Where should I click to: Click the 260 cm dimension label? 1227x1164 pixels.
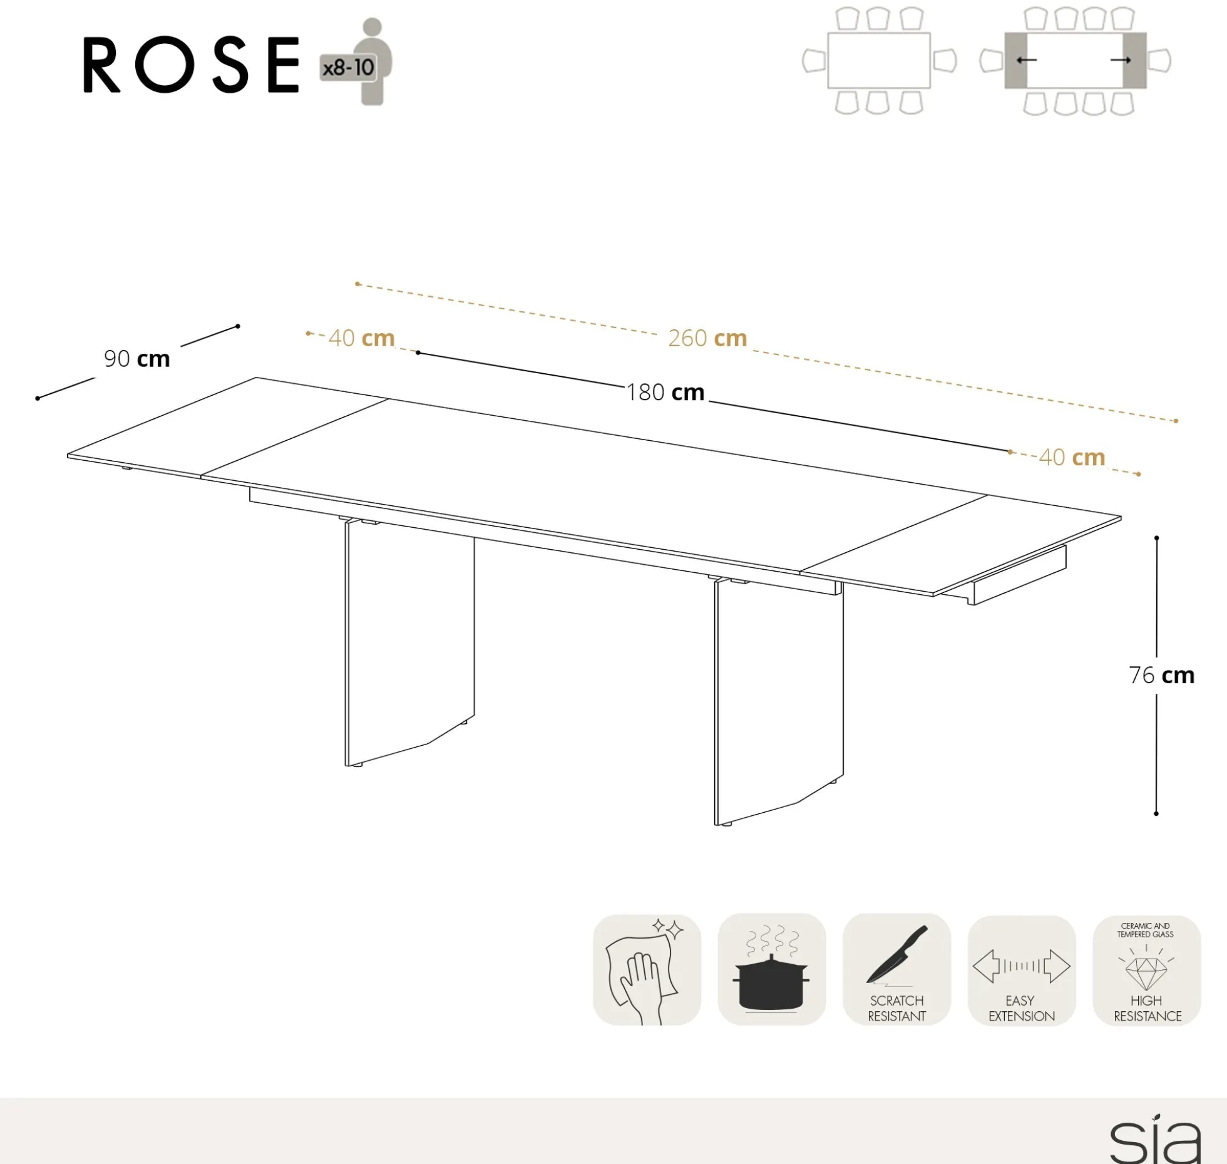coord(707,338)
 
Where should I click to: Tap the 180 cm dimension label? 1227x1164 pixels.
coord(665,393)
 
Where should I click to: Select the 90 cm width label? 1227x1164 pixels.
coord(137,359)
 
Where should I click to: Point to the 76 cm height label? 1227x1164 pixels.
coord(1161,675)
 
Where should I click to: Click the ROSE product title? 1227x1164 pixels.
coord(192,64)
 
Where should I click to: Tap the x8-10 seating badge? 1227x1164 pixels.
coord(348,67)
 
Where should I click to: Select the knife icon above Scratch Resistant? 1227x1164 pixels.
coord(896,954)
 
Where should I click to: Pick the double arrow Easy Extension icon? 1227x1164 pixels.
coord(1021,966)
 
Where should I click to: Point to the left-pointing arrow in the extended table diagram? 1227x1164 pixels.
coord(1026,60)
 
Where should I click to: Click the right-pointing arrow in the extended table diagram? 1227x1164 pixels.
coord(1121,60)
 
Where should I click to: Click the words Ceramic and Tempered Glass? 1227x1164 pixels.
coord(1146,930)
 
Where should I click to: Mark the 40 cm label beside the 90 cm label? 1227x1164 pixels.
coord(361,338)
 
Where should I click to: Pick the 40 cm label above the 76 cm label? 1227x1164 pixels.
coord(1072,457)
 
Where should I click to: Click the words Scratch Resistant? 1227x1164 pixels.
coord(896,1008)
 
